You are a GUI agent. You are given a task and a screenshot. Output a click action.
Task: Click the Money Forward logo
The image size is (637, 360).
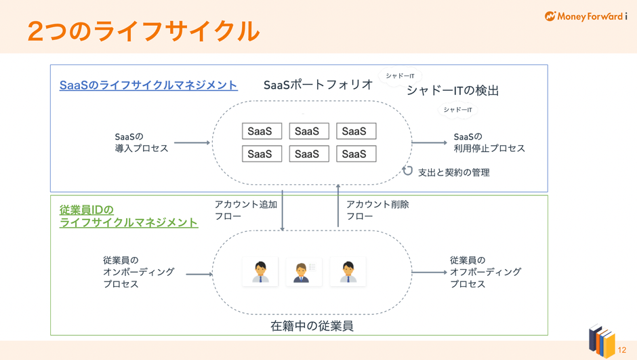click(x=585, y=16)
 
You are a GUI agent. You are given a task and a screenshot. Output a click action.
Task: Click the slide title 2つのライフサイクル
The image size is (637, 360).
click(x=144, y=31)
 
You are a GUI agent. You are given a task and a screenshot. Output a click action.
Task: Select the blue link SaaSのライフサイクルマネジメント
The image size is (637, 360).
click(x=148, y=85)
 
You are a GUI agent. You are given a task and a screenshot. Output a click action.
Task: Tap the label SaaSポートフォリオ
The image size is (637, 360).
click(x=318, y=85)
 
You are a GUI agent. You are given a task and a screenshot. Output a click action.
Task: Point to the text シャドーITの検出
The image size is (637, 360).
click(x=453, y=90)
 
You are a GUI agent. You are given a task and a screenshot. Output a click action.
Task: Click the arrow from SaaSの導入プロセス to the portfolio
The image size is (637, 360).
click(x=192, y=142)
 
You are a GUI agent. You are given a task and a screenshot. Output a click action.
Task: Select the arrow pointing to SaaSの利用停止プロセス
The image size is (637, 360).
click(x=430, y=142)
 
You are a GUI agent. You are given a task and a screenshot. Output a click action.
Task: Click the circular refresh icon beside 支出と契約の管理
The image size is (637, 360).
click(x=407, y=171)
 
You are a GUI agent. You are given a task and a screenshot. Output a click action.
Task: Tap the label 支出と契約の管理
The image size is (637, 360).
click(x=454, y=173)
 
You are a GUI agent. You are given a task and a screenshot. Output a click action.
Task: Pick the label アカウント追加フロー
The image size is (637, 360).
click(x=246, y=210)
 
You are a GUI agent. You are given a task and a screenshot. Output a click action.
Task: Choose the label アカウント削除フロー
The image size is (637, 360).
click(x=377, y=210)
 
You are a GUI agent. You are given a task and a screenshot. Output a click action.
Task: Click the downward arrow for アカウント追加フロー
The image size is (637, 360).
click(x=283, y=210)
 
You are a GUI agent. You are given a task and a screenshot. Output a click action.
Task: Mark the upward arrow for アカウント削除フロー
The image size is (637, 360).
click(x=338, y=205)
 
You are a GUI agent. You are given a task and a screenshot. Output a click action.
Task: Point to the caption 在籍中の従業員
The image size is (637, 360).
click(x=312, y=326)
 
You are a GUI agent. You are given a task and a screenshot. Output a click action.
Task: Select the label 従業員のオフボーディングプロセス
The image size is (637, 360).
click(x=485, y=272)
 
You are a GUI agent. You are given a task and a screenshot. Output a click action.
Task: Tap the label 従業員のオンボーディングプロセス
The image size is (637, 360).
click(x=139, y=272)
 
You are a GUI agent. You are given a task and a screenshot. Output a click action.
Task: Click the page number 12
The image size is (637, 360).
click(x=622, y=350)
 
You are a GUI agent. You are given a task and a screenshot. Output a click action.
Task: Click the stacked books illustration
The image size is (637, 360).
click(x=602, y=340)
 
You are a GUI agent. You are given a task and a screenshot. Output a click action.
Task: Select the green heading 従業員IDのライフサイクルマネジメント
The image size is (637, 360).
click(x=129, y=216)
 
